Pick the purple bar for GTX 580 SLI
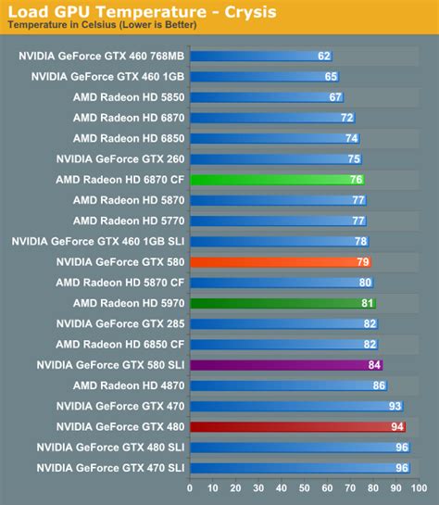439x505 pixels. (x=286, y=365)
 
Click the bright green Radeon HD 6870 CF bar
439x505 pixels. (x=278, y=180)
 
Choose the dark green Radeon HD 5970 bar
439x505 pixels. (x=282, y=303)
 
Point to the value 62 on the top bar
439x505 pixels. (x=324, y=56)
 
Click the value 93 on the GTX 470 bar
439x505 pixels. (x=395, y=406)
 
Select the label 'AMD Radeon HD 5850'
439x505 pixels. (x=128, y=96)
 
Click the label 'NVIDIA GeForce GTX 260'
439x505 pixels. (x=119, y=158)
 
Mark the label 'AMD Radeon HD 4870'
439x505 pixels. (x=128, y=385)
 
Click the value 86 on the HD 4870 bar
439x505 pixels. (x=379, y=385)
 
